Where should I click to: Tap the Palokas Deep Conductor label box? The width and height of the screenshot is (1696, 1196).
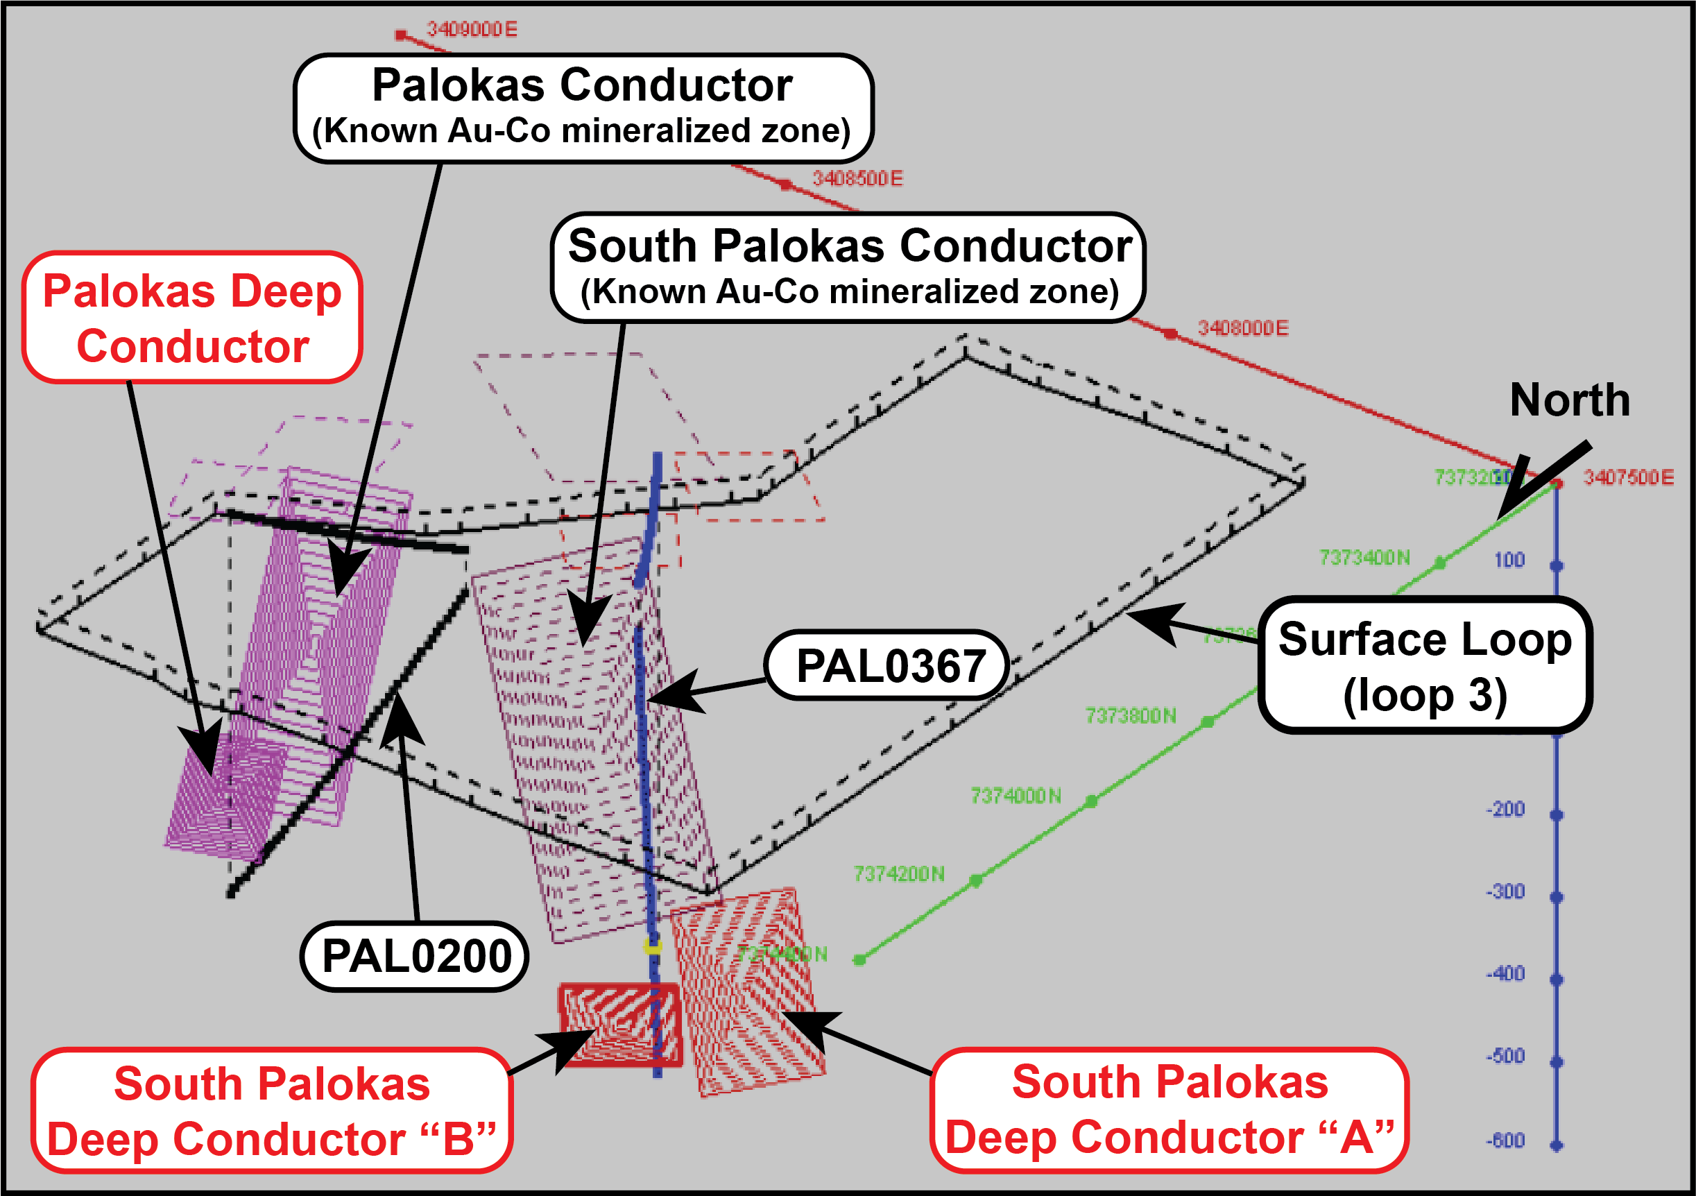click(x=192, y=318)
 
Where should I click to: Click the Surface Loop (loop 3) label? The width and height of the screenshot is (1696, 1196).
click(x=1425, y=665)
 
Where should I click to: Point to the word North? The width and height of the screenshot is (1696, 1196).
click(x=1570, y=400)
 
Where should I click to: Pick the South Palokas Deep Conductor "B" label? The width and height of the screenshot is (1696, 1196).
click(x=272, y=1110)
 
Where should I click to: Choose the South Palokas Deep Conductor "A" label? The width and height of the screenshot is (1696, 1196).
click(x=1170, y=1109)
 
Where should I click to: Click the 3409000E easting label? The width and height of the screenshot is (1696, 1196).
click(x=472, y=30)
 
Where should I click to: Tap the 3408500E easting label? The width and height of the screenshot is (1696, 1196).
click(x=857, y=179)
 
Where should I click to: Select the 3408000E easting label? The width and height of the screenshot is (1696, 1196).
click(x=1243, y=328)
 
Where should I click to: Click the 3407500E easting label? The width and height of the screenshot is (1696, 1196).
click(x=1628, y=477)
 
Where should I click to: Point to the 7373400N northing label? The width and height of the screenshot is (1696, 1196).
click(x=1364, y=557)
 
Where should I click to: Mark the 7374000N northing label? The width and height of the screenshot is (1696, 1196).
click(x=1016, y=796)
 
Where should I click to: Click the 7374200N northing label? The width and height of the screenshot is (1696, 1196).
click(x=899, y=874)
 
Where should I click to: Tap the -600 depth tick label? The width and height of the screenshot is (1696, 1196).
click(x=1505, y=1141)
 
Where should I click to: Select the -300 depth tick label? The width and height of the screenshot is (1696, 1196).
click(x=1505, y=891)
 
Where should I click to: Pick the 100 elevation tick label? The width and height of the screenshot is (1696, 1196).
click(x=1509, y=560)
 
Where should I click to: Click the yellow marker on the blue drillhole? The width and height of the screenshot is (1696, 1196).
click(x=652, y=946)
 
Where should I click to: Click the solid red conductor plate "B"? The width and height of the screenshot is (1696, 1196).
click(x=619, y=1024)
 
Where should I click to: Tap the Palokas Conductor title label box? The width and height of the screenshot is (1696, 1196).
click(x=583, y=108)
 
